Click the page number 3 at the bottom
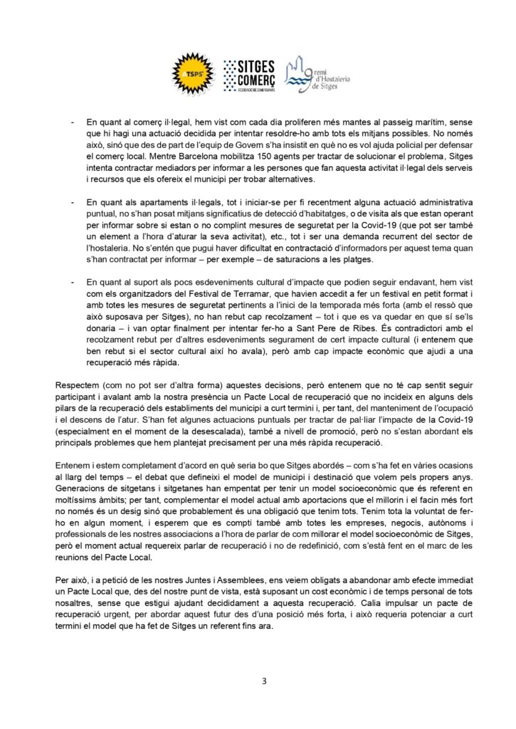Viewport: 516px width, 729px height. tap(264, 681)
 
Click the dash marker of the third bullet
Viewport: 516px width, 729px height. tap(74, 281)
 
